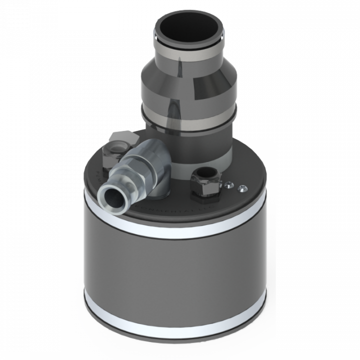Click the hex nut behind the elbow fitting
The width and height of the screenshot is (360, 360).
point(119,143)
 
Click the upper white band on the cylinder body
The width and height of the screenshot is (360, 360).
point(175,227)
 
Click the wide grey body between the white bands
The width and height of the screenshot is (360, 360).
point(175,270)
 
